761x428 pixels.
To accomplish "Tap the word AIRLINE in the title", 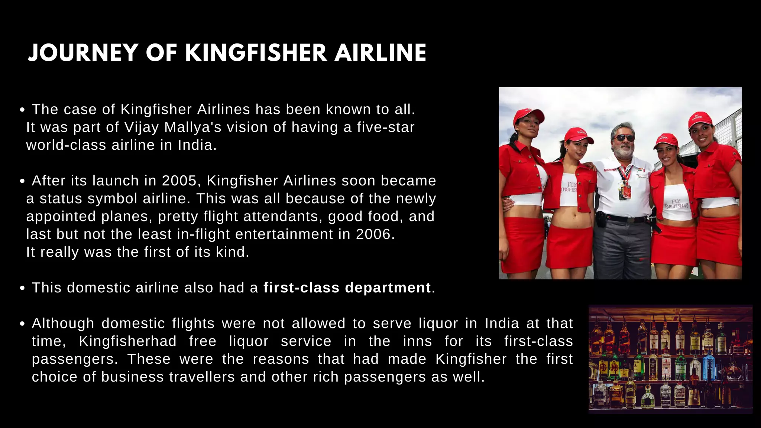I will pos(380,53).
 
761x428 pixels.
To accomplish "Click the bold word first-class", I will pos(301,288).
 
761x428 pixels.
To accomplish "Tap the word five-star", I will pos(386,127).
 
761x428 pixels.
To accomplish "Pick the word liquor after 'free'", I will pos(249,341).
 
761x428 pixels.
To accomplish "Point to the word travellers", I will pos(202,377).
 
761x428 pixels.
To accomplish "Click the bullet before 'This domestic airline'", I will pos(22,288).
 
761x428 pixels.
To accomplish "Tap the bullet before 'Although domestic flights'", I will pos(22,324).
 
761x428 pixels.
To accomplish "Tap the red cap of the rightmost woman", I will pos(700,120).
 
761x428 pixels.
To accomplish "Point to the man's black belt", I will pos(624,218).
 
